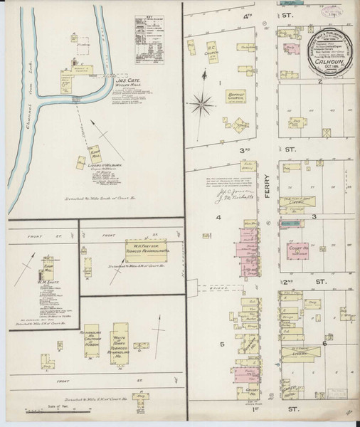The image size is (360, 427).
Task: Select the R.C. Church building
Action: coord(211,55)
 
